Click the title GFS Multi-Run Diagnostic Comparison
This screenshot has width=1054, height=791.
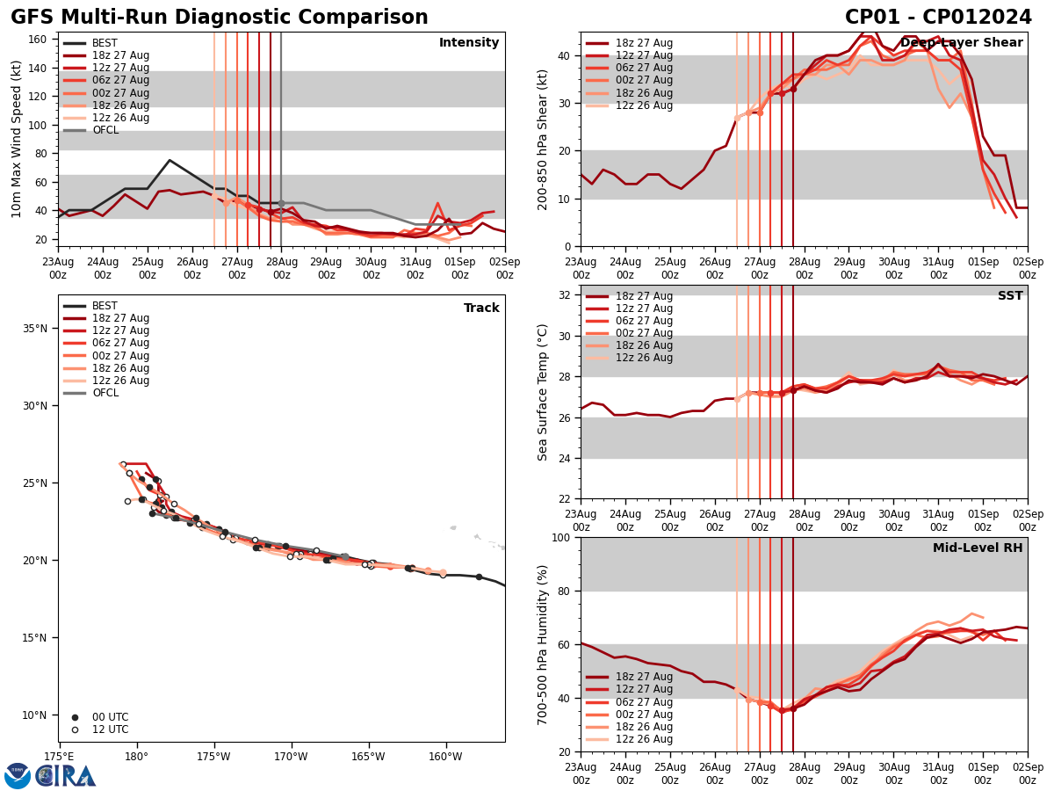(x=220, y=18)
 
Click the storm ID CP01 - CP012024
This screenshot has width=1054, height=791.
(x=938, y=18)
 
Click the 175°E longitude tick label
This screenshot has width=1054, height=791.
(x=59, y=757)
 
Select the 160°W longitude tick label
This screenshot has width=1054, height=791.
(x=445, y=757)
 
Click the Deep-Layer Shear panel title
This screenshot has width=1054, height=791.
(x=961, y=43)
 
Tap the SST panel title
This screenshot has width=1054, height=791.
(x=1010, y=296)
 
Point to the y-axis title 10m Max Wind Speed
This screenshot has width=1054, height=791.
(x=17, y=139)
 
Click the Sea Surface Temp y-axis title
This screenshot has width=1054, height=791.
(x=543, y=392)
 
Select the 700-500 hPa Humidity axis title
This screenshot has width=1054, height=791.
(x=543, y=644)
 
